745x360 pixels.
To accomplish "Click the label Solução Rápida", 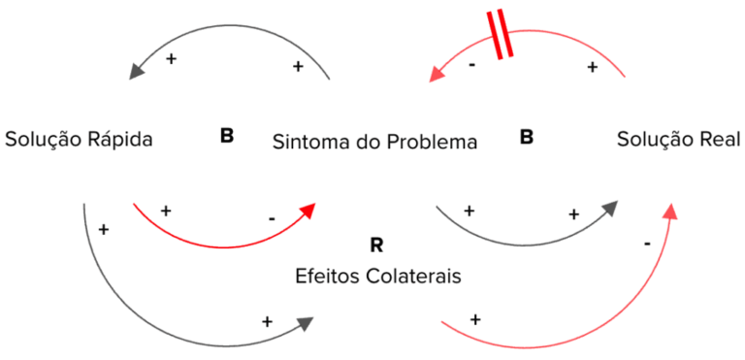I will point(78,139).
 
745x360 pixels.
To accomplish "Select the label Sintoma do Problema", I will point(374,142).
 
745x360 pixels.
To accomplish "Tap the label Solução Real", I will point(678,139).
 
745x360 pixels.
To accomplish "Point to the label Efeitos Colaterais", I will point(377,276).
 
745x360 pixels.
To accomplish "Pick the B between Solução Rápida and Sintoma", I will point(226,136).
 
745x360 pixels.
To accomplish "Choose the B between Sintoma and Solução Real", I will point(526,137).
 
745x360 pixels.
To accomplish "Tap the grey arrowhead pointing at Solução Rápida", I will point(138,69).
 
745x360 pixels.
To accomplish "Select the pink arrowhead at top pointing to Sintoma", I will point(438,70).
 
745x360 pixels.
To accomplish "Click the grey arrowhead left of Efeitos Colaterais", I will point(308,324).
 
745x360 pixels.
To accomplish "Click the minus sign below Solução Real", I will point(646,243).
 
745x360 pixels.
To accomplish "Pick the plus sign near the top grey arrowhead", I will point(172,59).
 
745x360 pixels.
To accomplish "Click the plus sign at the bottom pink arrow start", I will point(475,318).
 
